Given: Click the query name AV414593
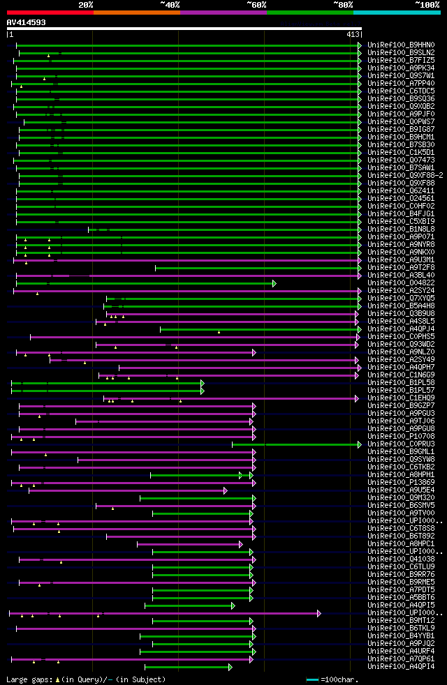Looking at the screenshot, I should click(x=27, y=22).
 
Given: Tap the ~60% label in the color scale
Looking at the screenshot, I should click(x=256, y=5).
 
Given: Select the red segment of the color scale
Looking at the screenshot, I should click(x=50, y=12).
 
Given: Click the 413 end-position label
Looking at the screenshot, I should click(x=352, y=34).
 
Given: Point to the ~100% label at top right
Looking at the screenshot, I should click(x=427, y=5).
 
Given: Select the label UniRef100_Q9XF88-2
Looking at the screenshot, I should click(x=405, y=176).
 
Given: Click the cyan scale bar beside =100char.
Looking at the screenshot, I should click(x=312, y=679).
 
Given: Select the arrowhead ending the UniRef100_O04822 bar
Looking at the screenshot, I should click(x=274, y=283).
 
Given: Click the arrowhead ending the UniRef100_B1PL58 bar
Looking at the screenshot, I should click(x=203, y=383).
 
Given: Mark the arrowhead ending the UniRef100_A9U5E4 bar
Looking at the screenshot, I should click(x=226, y=490).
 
